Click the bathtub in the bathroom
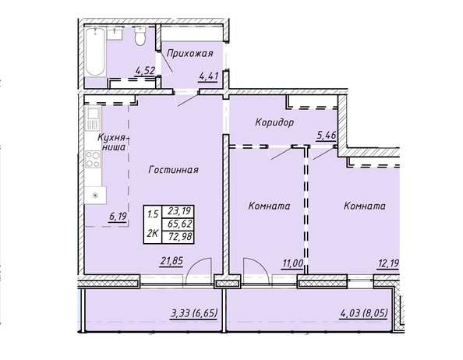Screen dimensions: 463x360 click(x=95, y=52)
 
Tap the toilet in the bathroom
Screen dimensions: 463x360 click(x=140, y=36)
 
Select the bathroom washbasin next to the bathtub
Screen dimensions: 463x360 click(x=115, y=34)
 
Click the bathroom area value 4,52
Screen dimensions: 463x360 click(x=145, y=71)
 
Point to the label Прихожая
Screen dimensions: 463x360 click(x=189, y=54)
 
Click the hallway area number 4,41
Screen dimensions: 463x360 click(x=208, y=76)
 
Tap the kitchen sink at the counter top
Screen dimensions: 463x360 click(x=93, y=118)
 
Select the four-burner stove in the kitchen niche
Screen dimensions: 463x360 click(x=93, y=159)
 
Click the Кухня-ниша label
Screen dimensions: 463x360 click(x=113, y=143)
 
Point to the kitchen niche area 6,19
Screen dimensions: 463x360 click(x=118, y=217)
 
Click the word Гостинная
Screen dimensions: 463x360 click(x=173, y=170)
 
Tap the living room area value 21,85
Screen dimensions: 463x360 click(x=171, y=261)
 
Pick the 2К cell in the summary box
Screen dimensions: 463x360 click(x=153, y=234)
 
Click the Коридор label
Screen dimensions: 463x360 click(x=274, y=122)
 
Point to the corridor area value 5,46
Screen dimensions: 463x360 click(x=327, y=136)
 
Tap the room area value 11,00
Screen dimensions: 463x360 click(x=292, y=263)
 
